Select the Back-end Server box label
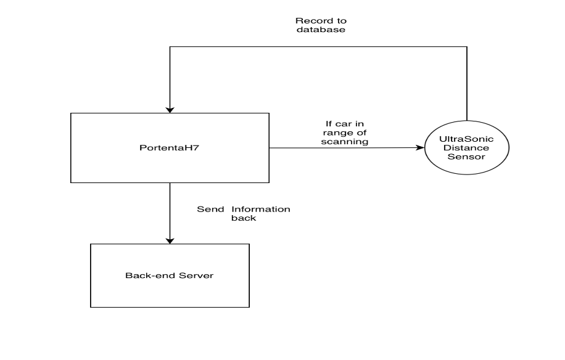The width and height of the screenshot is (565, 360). [170, 276]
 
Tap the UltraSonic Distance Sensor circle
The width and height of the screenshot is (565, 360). [466, 149]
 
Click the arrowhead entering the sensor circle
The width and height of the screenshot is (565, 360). [422, 148]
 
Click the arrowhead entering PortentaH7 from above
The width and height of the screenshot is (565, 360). [169, 109]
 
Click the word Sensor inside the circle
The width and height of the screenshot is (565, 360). [466, 158]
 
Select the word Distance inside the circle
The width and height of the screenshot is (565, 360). [466, 149]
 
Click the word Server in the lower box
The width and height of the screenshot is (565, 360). [197, 276]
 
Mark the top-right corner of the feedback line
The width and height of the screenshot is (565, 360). [467, 46]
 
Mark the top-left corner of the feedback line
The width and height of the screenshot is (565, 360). [169, 46]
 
